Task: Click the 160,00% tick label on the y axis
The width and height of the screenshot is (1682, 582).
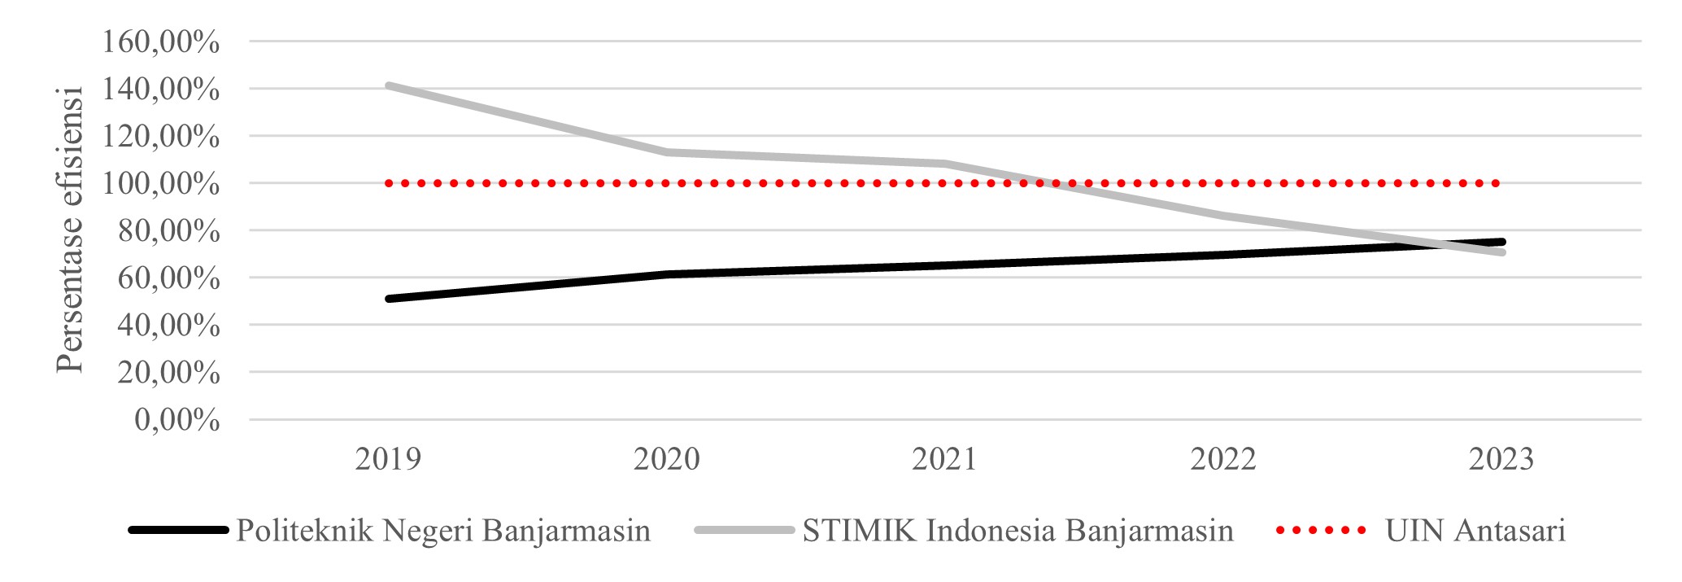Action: click(160, 42)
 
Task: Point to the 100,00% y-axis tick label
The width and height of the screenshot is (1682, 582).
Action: click(160, 184)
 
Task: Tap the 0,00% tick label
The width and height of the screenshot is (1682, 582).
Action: click(177, 420)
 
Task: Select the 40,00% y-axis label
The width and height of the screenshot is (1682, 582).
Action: click(168, 326)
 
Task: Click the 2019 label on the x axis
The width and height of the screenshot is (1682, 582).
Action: click(388, 459)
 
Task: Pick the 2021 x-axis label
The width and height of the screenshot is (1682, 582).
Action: click(944, 459)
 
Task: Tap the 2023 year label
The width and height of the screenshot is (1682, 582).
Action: click(1501, 459)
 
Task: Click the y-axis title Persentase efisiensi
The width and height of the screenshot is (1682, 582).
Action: click(71, 230)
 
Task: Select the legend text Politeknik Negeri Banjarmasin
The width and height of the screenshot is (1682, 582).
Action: click(443, 531)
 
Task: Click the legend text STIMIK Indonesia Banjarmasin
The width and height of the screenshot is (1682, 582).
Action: click(1017, 531)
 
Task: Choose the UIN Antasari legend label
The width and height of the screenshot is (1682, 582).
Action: click(1475, 531)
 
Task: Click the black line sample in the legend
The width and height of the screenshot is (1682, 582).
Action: click(177, 531)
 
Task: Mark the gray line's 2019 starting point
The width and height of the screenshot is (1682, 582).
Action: click(389, 85)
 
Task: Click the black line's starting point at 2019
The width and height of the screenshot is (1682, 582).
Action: click(389, 299)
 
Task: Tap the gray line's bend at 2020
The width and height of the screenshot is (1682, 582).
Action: click(667, 151)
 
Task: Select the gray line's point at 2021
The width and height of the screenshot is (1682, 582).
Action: click(945, 164)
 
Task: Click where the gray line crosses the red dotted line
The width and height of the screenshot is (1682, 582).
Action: click(1049, 184)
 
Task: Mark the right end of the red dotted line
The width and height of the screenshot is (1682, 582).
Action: click(1497, 184)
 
